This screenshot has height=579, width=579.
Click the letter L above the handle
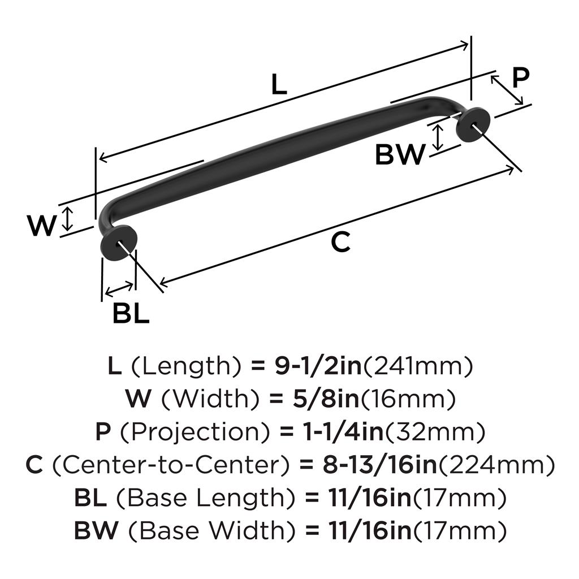pyautogui.click(x=279, y=85)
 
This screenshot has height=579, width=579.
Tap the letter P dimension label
pyautogui.click(x=520, y=78)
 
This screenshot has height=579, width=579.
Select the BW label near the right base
pyautogui.click(x=400, y=154)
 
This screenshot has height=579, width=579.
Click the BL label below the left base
pyautogui.click(x=131, y=313)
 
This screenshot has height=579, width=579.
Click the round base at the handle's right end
pyautogui.click(x=473, y=124)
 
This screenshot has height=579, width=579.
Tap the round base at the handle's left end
pyautogui.click(x=119, y=244)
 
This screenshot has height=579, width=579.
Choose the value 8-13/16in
pyautogui.click(x=377, y=466)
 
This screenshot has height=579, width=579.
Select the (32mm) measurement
pyautogui.click(x=435, y=433)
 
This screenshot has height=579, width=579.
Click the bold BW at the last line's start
pyautogui.click(x=97, y=531)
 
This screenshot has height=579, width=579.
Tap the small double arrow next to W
pyautogui.click(x=67, y=219)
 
